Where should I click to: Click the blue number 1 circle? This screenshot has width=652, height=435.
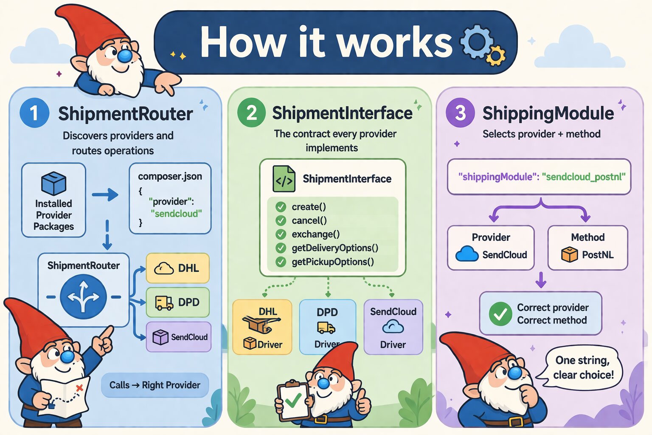coord(34,113)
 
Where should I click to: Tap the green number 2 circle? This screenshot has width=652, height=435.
coord(251,113)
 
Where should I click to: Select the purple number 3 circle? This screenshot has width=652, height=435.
coord(460,113)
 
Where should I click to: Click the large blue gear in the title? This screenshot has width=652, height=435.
coord(476,41)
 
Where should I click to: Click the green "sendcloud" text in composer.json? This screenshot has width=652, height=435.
coord(176,214)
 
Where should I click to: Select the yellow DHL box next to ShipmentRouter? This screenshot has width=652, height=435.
coord(177,268)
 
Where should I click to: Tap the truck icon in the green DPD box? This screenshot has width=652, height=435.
coord(164,302)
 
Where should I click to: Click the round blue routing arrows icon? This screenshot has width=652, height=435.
coord(83,297)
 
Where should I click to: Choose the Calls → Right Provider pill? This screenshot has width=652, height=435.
coord(155,385)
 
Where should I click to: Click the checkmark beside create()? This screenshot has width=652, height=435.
coord(281,207)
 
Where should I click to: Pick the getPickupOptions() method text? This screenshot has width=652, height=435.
coord(332,262)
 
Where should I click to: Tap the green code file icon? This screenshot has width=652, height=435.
coord(284,179)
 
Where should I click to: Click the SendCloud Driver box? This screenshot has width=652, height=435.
coord(393,327)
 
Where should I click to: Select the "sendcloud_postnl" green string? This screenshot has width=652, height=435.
coord(585,177)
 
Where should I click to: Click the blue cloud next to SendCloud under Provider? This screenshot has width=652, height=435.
coord(467,254)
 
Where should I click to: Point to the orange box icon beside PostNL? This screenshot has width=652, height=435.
coord(569,254)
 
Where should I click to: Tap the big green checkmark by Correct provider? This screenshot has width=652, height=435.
coord(500,314)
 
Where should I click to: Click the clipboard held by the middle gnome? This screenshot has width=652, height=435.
coord(293,401)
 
